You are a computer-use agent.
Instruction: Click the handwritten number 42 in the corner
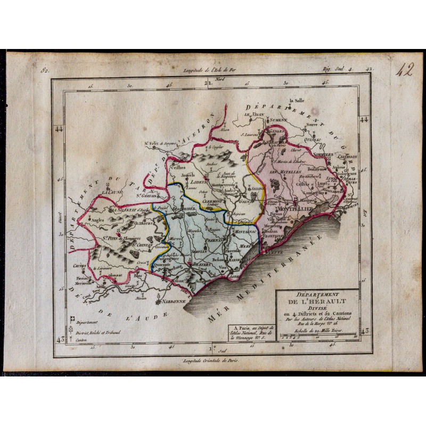coord(403,70)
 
